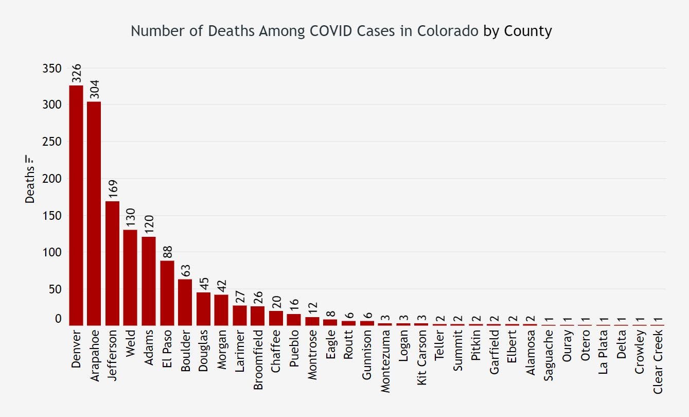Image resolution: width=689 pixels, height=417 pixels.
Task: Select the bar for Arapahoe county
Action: tap(94, 213)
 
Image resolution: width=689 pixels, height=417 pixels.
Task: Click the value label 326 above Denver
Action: tap(77, 74)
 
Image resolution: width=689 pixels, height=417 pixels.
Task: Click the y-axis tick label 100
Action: tap(51, 252)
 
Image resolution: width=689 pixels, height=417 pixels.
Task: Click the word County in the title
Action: tap(528, 31)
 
